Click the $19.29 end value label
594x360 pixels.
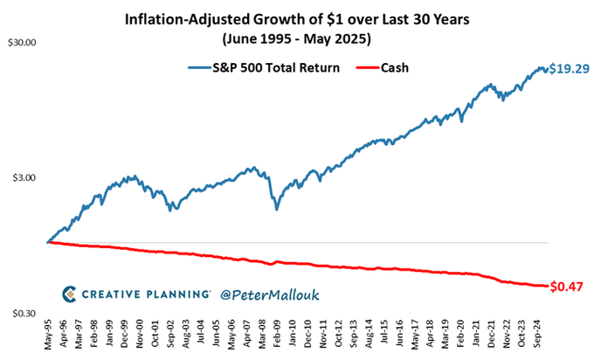(569, 69)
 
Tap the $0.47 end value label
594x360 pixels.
(569, 286)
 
